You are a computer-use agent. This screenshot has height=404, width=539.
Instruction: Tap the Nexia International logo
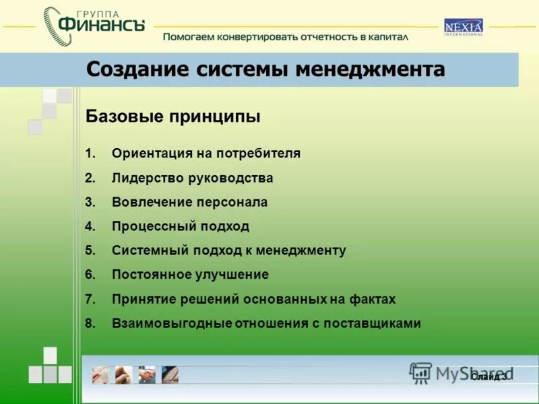tap(463, 28)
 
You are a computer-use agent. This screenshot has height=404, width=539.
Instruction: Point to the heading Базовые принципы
tap(173, 116)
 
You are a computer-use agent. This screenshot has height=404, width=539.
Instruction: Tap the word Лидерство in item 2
tap(143, 178)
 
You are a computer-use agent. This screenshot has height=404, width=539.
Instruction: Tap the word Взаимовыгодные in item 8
tap(172, 323)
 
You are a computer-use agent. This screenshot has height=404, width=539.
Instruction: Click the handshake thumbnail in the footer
tap(147, 374)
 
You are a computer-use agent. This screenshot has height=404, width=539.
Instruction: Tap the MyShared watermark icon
tap(421, 373)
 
